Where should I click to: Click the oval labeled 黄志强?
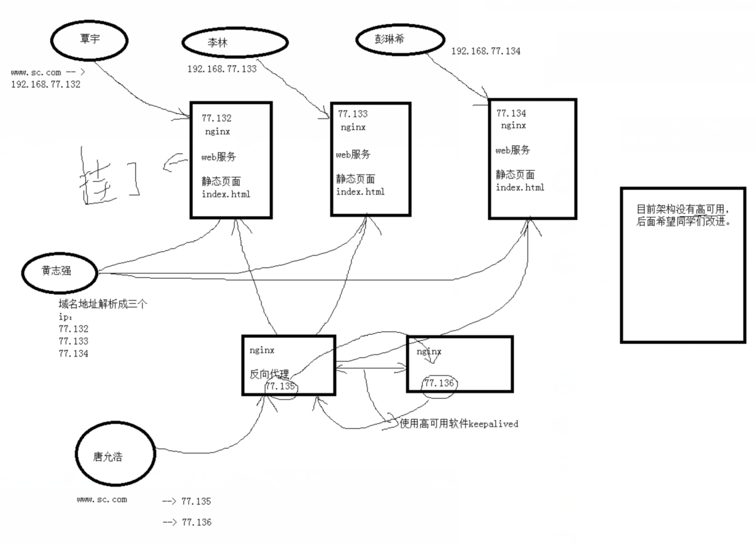tap(59, 271)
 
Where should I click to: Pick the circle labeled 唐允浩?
tap(115, 457)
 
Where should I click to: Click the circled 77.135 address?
tap(279, 386)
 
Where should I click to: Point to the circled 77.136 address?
tap(439, 384)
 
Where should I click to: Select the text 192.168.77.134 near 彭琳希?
tap(485, 51)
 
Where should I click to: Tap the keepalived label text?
tap(459, 423)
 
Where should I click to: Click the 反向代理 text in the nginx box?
tap(269, 375)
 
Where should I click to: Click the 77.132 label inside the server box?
tap(217, 118)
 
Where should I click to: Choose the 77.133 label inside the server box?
tap(353, 114)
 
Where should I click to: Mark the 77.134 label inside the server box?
tap(511, 113)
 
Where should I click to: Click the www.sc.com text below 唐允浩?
tap(102, 499)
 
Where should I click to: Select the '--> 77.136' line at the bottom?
tap(187, 523)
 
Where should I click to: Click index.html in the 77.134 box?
tap(520, 187)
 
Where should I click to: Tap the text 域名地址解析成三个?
tap(103, 304)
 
